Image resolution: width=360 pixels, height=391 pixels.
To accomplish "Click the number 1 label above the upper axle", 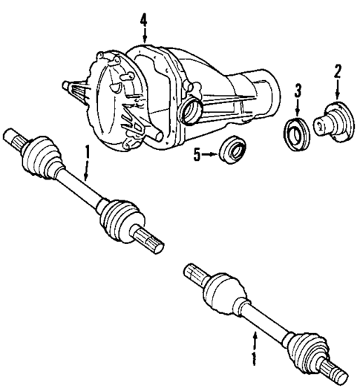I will click(x=87, y=152).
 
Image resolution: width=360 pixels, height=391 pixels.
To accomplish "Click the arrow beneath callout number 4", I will click(x=144, y=33).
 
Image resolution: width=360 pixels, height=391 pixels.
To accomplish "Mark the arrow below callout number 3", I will click(x=298, y=108).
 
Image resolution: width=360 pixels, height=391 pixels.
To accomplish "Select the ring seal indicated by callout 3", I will click(x=298, y=134).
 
